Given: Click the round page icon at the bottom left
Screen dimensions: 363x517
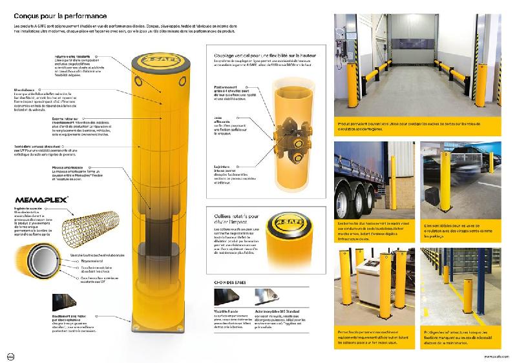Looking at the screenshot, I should (x=10, y=355).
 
